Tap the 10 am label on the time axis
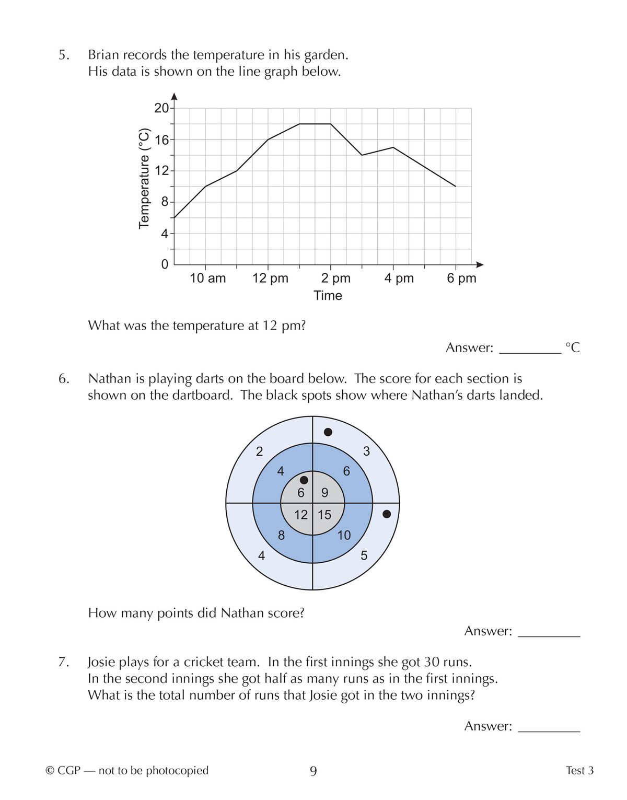coord(207,278)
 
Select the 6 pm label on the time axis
coord(461,278)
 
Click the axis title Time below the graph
coord(328,295)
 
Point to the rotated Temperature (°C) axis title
coord(144,178)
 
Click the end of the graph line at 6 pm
coord(456,186)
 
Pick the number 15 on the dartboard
coord(324,515)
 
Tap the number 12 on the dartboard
coord(300,515)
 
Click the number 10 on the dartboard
coord(344,535)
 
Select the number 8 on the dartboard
coord(281,535)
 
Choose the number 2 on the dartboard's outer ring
coord(259,451)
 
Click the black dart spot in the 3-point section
coord(328,432)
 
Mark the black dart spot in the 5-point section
coord(387,514)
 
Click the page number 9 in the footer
coord(313,771)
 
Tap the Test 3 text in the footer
coord(579,770)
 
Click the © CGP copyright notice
coord(127,770)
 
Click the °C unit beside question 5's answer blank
coord(573,347)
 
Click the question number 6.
coord(63,378)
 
